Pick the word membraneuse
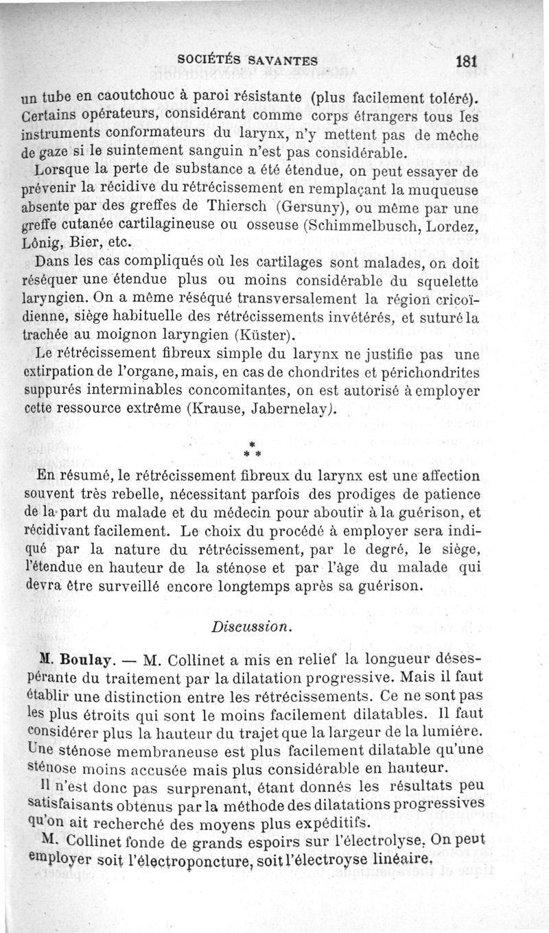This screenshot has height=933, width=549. point(144,748)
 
